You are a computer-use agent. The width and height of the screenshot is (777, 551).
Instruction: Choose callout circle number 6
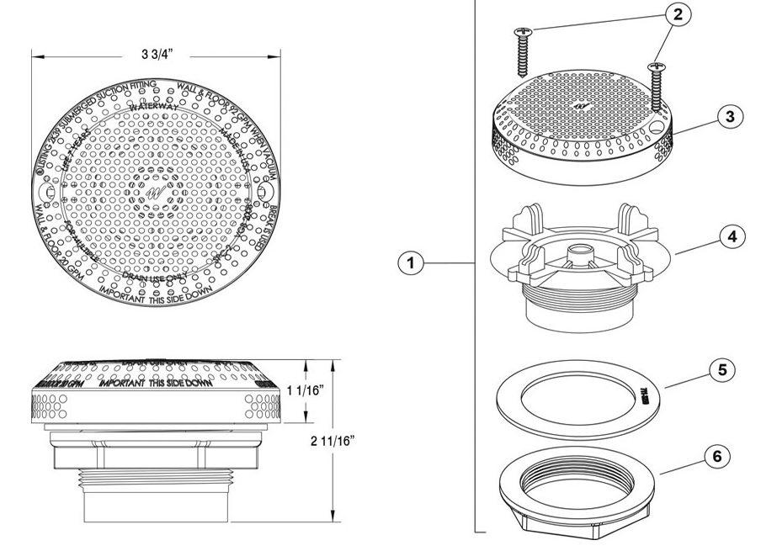tap(716, 457)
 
